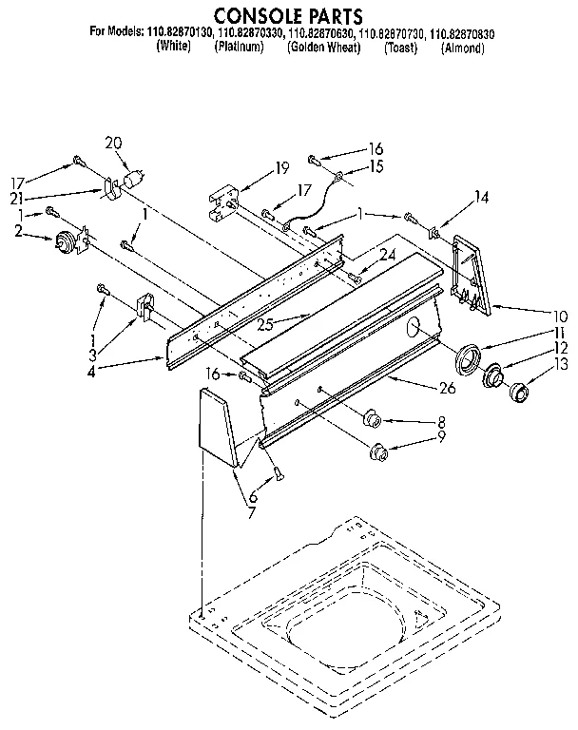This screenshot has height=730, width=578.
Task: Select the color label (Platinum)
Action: click(239, 48)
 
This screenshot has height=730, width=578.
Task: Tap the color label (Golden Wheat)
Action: click(323, 48)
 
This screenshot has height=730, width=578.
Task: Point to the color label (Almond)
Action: click(463, 48)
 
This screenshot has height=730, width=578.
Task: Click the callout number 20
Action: click(113, 144)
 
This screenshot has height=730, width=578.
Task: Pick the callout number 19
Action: click(281, 168)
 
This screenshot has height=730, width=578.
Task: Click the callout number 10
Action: click(560, 316)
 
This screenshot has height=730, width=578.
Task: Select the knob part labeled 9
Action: click(377, 450)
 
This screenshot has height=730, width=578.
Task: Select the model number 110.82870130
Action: click(181, 33)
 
